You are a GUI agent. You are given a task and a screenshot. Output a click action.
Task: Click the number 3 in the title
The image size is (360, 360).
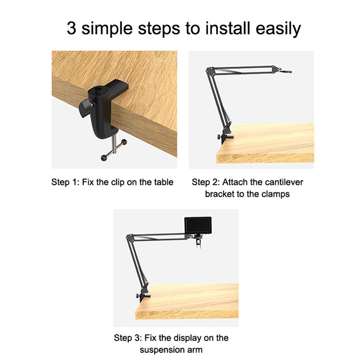(x=72, y=28)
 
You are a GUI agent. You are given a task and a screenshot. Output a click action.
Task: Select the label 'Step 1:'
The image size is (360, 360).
(x=66, y=182)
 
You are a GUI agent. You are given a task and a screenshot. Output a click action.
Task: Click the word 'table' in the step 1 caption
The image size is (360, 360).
(x=163, y=182)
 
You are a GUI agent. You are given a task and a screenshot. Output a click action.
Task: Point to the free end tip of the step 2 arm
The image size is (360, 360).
(x=290, y=72)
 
